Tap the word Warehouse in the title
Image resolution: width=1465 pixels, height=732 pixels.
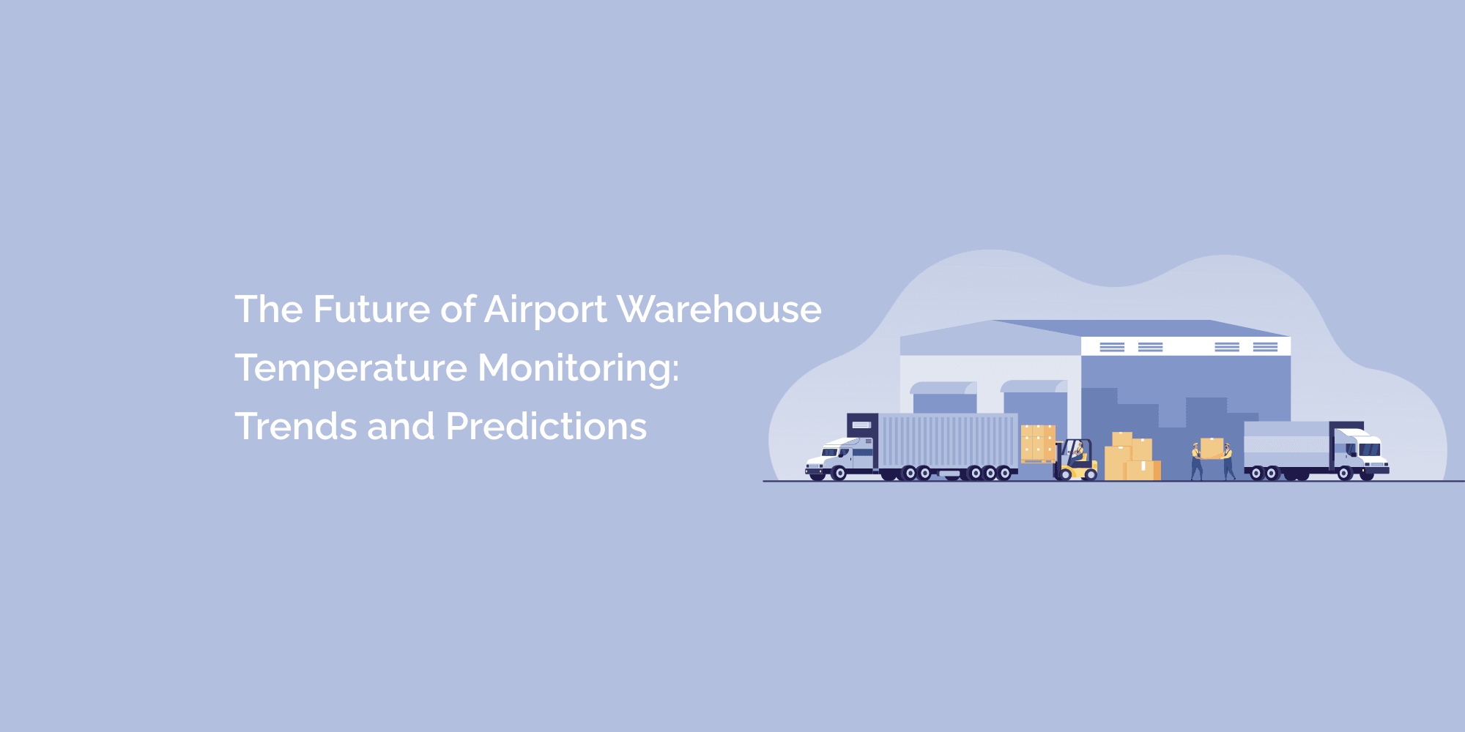719,309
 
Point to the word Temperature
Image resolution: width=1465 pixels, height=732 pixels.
351,368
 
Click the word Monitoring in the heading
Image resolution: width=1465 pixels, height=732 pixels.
574,368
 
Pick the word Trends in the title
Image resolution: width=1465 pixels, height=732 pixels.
295,426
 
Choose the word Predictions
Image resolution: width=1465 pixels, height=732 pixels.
546,426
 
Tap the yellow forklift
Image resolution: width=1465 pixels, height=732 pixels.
1076,460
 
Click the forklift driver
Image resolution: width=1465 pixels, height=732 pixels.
1078,451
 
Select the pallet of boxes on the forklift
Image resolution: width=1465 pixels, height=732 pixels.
1038,444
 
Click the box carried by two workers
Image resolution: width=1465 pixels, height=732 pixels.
1212,448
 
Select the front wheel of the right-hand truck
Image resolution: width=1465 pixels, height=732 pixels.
1344,474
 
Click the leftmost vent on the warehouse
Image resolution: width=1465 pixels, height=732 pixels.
1112,347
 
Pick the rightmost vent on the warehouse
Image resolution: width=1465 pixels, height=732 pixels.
1265,347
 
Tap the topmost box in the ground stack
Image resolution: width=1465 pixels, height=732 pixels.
1122,439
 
